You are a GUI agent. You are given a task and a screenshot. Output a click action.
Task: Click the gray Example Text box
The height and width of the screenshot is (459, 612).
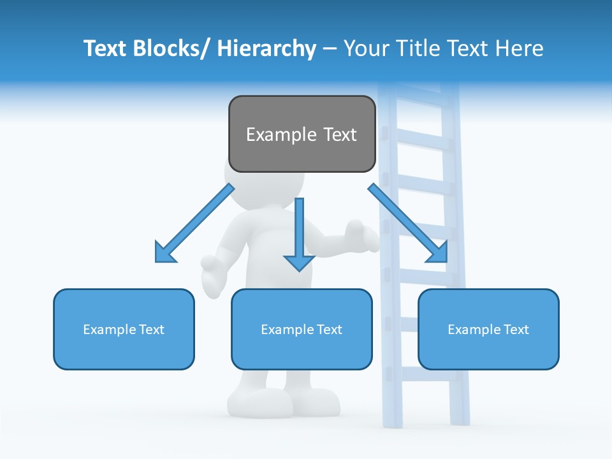pos(302,134)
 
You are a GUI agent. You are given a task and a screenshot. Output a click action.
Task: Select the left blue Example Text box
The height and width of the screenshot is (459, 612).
pos(124,329)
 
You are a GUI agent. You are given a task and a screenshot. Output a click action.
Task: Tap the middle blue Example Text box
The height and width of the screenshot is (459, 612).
pos(302,329)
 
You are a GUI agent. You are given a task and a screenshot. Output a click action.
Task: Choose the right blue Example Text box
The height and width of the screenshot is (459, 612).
pos(488,329)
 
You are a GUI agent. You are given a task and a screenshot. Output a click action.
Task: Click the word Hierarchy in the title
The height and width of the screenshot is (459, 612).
pos(266,48)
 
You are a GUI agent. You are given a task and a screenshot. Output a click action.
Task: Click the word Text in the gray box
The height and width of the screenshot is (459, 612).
pos(337,135)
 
